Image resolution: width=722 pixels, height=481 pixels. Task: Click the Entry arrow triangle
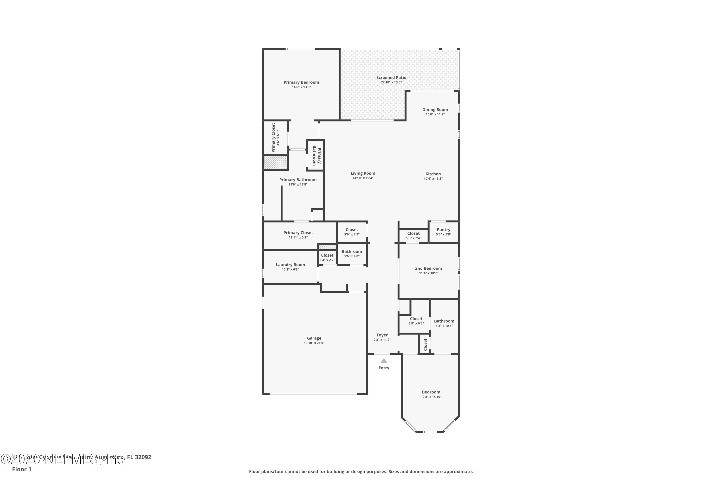384,361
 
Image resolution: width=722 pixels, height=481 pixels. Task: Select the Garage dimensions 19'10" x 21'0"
314,343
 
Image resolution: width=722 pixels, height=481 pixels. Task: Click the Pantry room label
443,229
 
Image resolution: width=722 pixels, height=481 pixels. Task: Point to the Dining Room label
435,109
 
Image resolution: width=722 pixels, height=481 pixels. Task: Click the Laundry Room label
290,264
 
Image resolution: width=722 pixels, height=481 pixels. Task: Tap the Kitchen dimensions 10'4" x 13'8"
433,178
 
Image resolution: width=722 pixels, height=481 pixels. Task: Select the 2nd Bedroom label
428,268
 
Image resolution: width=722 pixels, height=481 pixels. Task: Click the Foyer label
382,335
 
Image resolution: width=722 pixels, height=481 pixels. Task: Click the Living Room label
363,173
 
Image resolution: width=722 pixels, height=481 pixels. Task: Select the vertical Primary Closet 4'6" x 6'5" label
273,138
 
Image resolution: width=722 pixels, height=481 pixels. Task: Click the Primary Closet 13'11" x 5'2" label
298,233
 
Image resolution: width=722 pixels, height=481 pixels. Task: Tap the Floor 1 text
21,469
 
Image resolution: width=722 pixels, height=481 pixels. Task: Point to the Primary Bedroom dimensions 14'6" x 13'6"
301,87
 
